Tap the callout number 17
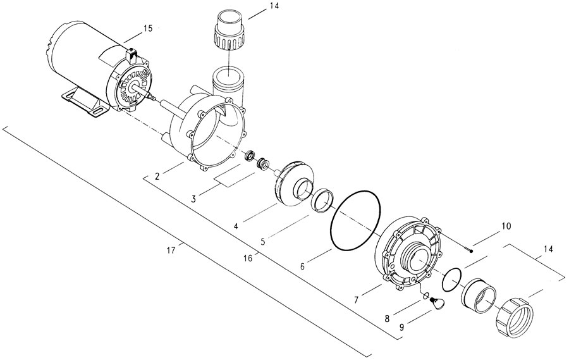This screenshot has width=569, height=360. tap(171, 251)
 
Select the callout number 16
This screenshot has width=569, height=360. tap(248, 258)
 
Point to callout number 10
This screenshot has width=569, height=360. tap(506, 227)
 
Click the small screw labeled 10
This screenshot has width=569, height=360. tap(467, 249)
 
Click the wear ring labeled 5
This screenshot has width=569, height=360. tap(322, 200)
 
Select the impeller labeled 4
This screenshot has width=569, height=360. tap(294, 185)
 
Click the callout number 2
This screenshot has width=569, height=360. tap(157, 177)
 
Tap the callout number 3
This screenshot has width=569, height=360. tap(194, 199)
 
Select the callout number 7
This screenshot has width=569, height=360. tap(356, 300)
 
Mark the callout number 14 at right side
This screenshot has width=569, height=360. tap(548, 249)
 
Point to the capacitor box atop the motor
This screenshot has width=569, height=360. tap(131, 56)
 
